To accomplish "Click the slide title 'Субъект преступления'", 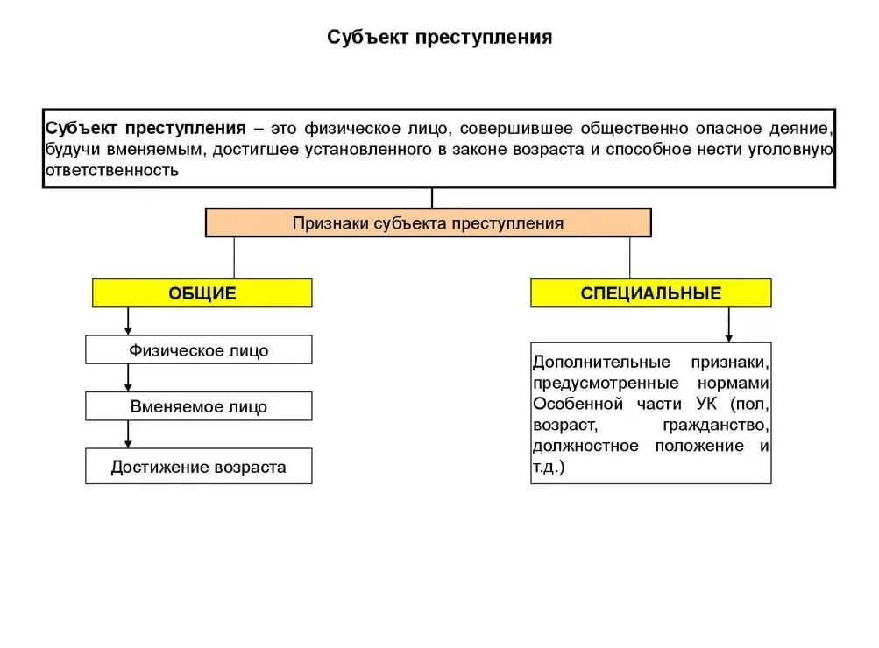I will coord(439,38).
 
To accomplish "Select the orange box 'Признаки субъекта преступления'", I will coord(428,222).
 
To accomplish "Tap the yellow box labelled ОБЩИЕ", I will coord(202,293).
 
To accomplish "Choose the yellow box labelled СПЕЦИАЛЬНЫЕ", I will coord(650,293).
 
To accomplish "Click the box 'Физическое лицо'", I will coord(199,350).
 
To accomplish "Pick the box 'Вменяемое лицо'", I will coord(199,406).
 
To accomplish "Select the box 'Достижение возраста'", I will coord(199,467).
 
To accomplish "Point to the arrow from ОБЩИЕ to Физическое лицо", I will coord(129,321).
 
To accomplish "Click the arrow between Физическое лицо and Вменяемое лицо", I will coord(129,377).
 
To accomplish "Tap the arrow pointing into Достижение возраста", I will coord(129,434).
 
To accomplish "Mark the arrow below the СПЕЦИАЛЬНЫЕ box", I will coord(728,325).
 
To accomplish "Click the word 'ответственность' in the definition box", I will coord(112,170).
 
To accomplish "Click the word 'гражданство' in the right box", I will coord(716,426).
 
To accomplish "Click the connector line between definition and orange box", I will coord(432,198).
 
